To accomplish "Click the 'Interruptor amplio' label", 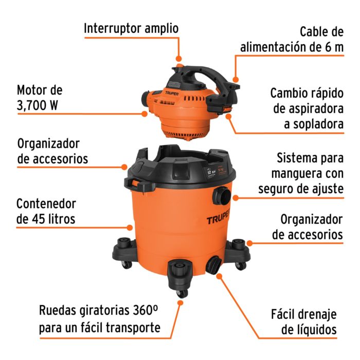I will click(131, 28).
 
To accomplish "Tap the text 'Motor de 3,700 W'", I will click(40, 98).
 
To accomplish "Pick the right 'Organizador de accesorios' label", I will click(308, 227).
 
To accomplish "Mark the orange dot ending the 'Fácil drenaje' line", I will click(220, 276).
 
